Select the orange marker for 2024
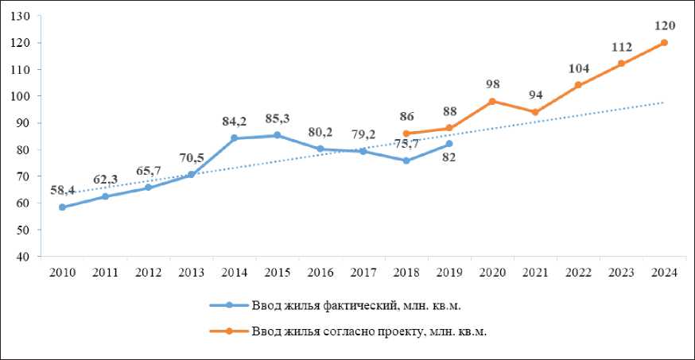click(664, 42)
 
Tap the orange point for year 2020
click(492, 101)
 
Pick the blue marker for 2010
click(62, 207)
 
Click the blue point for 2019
click(449, 144)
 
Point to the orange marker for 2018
click(406, 134)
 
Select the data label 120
click(664, 26)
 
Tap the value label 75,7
click(406, 144)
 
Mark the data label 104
click(578, 68)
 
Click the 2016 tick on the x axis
click(320, 273)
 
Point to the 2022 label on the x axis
click(578, 273)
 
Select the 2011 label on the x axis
click(105, 273)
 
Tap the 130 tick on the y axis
click(22, 16)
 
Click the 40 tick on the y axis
click(25, 257)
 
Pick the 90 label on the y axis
click(25, 123)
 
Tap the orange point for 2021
click(535, 112)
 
